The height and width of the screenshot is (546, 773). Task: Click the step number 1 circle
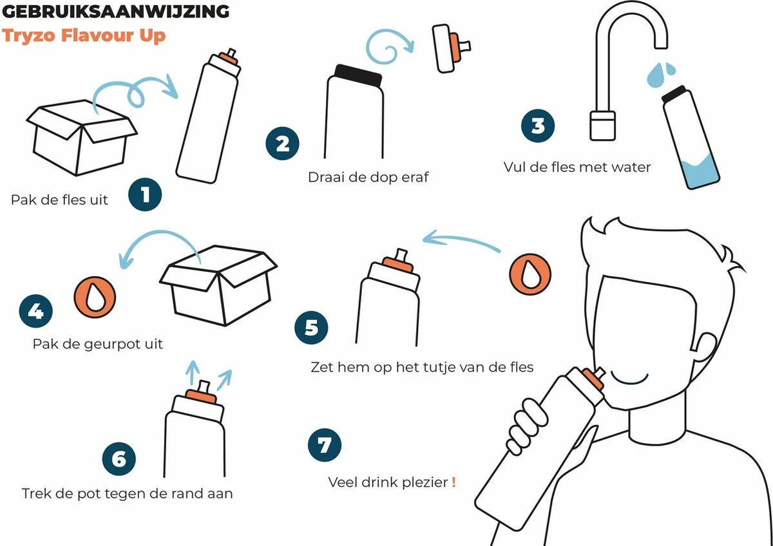coord(145,194)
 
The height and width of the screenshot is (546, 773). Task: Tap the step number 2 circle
coord(282,144)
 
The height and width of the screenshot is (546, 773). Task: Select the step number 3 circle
coord(538,126)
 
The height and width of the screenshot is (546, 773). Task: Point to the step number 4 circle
coord(36,311)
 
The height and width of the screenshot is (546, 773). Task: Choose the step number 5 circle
coord(311,328)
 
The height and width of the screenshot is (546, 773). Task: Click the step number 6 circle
coord(119,458)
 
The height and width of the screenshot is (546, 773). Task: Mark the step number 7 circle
coord(325,445)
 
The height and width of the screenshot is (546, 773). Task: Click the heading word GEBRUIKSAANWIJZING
coord(115,12)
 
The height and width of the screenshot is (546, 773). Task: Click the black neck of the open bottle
coord(358,76)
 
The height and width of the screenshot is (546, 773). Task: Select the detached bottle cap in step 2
coord(450,48)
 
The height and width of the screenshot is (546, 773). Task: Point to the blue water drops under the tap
coord(660,75)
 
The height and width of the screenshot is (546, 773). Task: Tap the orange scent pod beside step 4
coord(95,297)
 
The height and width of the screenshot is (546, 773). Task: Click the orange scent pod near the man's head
coord(530,274)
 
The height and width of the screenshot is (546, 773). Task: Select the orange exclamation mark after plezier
coord(453,482)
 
